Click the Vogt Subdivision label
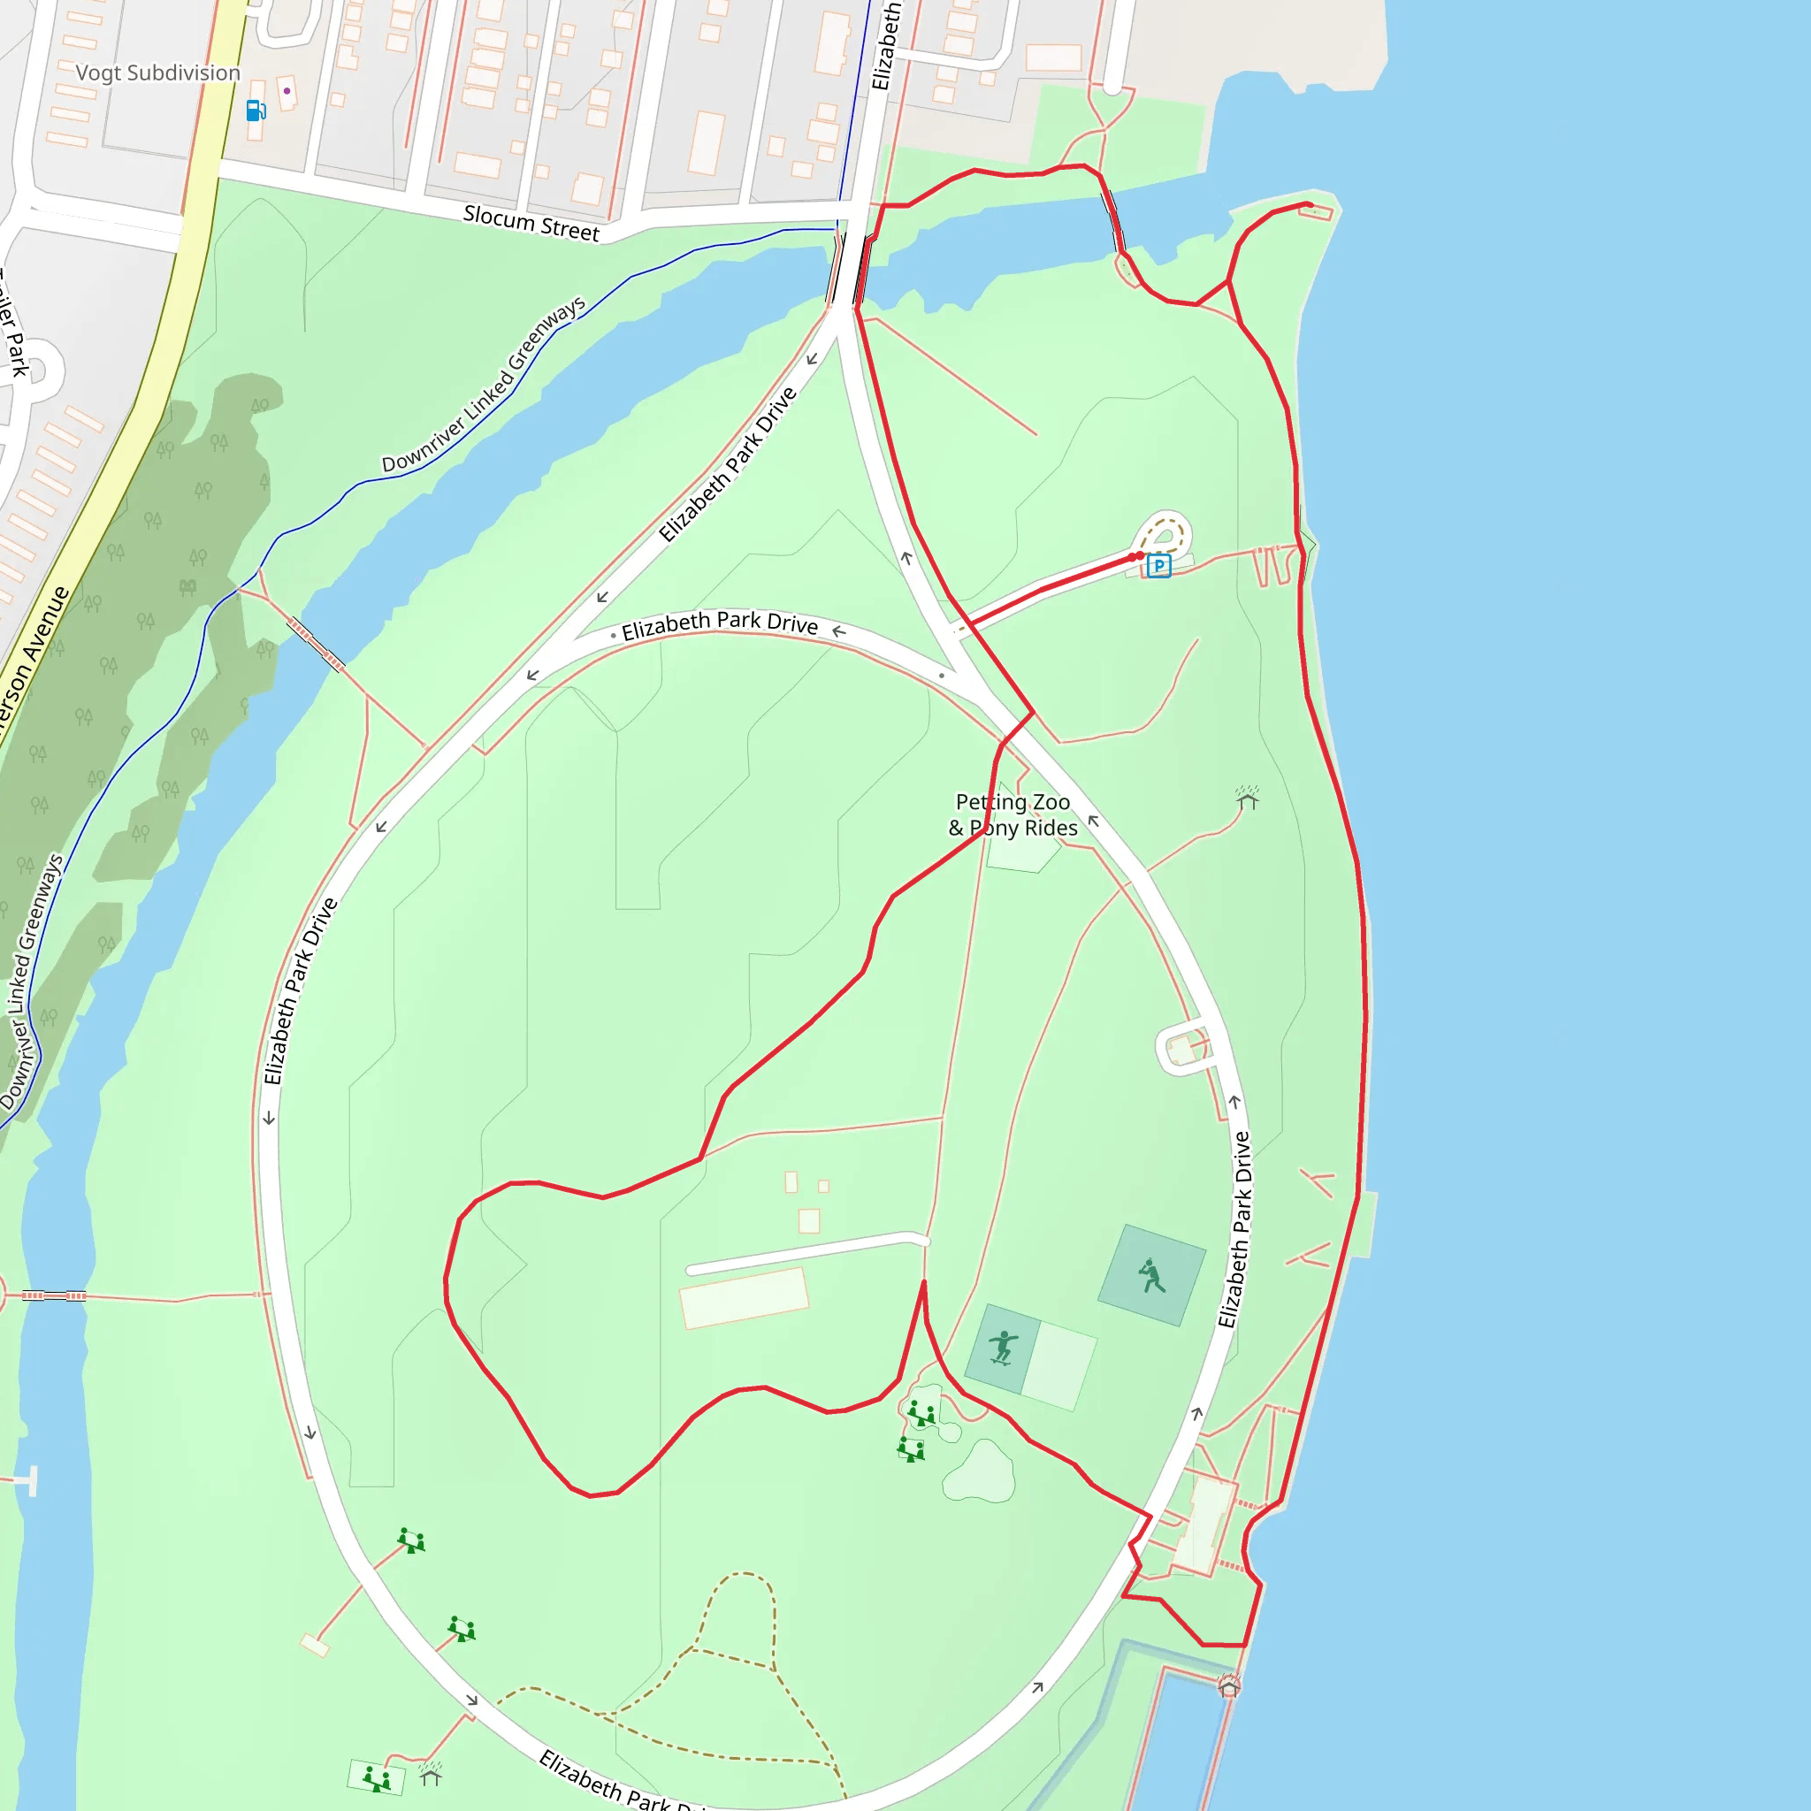[x=157, y=73]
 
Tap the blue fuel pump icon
[x=255, y=111]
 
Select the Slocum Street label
[x=531, y=224]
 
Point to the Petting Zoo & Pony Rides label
[x=1012, y=814]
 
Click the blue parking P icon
[x=1158, y=565]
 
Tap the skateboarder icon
[x=1003, y=1347]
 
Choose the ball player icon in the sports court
[x=1151, y=1276]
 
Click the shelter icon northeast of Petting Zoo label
[x=1247, y=798]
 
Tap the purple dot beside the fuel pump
[x=287, y=91]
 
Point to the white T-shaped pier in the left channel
[x=32, y=1481]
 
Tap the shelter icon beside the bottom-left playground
[x=431, y=1774]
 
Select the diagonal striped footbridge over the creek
[x=316, y=644]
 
